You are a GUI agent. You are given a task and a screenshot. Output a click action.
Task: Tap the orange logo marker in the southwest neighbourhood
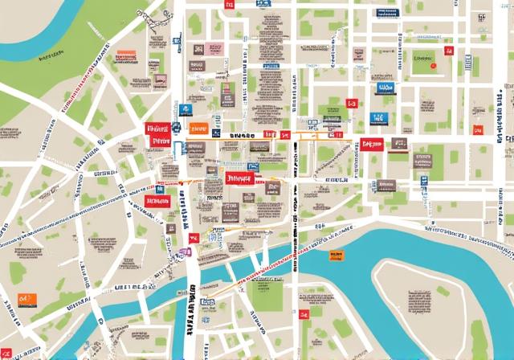pos(27,300)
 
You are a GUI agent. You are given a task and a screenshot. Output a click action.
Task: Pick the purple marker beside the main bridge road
pos(185,252)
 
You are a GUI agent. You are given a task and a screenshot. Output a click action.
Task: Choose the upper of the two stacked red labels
pos(156,128)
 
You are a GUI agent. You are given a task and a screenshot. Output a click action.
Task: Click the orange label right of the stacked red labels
pos(198,127)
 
